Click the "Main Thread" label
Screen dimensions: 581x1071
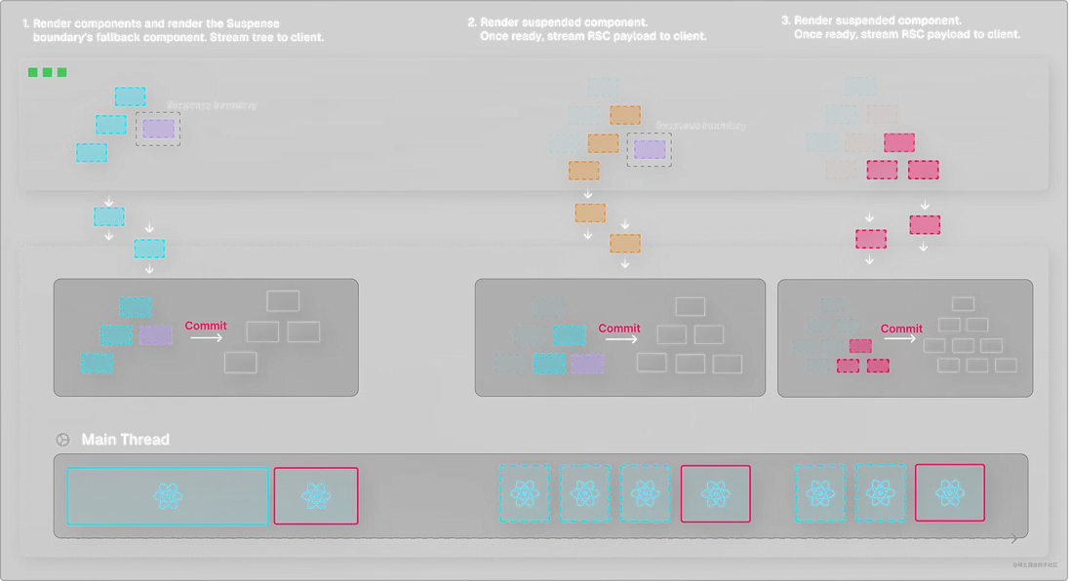125,440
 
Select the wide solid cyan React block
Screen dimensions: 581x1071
168,496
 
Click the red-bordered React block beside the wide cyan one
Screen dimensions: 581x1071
316,496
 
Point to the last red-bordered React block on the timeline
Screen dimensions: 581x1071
949,493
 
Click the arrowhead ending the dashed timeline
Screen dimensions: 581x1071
1014,538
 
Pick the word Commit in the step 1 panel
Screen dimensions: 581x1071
206,326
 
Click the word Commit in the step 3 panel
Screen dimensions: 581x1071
901,329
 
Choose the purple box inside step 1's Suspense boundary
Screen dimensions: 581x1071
158,128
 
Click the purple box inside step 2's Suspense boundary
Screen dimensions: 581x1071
650,149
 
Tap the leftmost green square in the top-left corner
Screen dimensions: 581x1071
33,72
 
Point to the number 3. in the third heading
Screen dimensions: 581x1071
787,20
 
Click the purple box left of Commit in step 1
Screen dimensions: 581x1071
155,335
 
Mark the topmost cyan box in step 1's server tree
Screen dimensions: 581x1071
130,97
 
